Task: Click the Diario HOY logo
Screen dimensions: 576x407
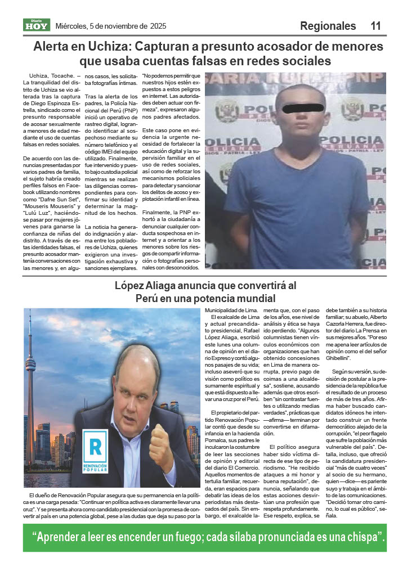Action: (37, 25)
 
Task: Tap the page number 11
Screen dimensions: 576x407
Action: (375, 26)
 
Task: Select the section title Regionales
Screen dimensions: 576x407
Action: (328, 26)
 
